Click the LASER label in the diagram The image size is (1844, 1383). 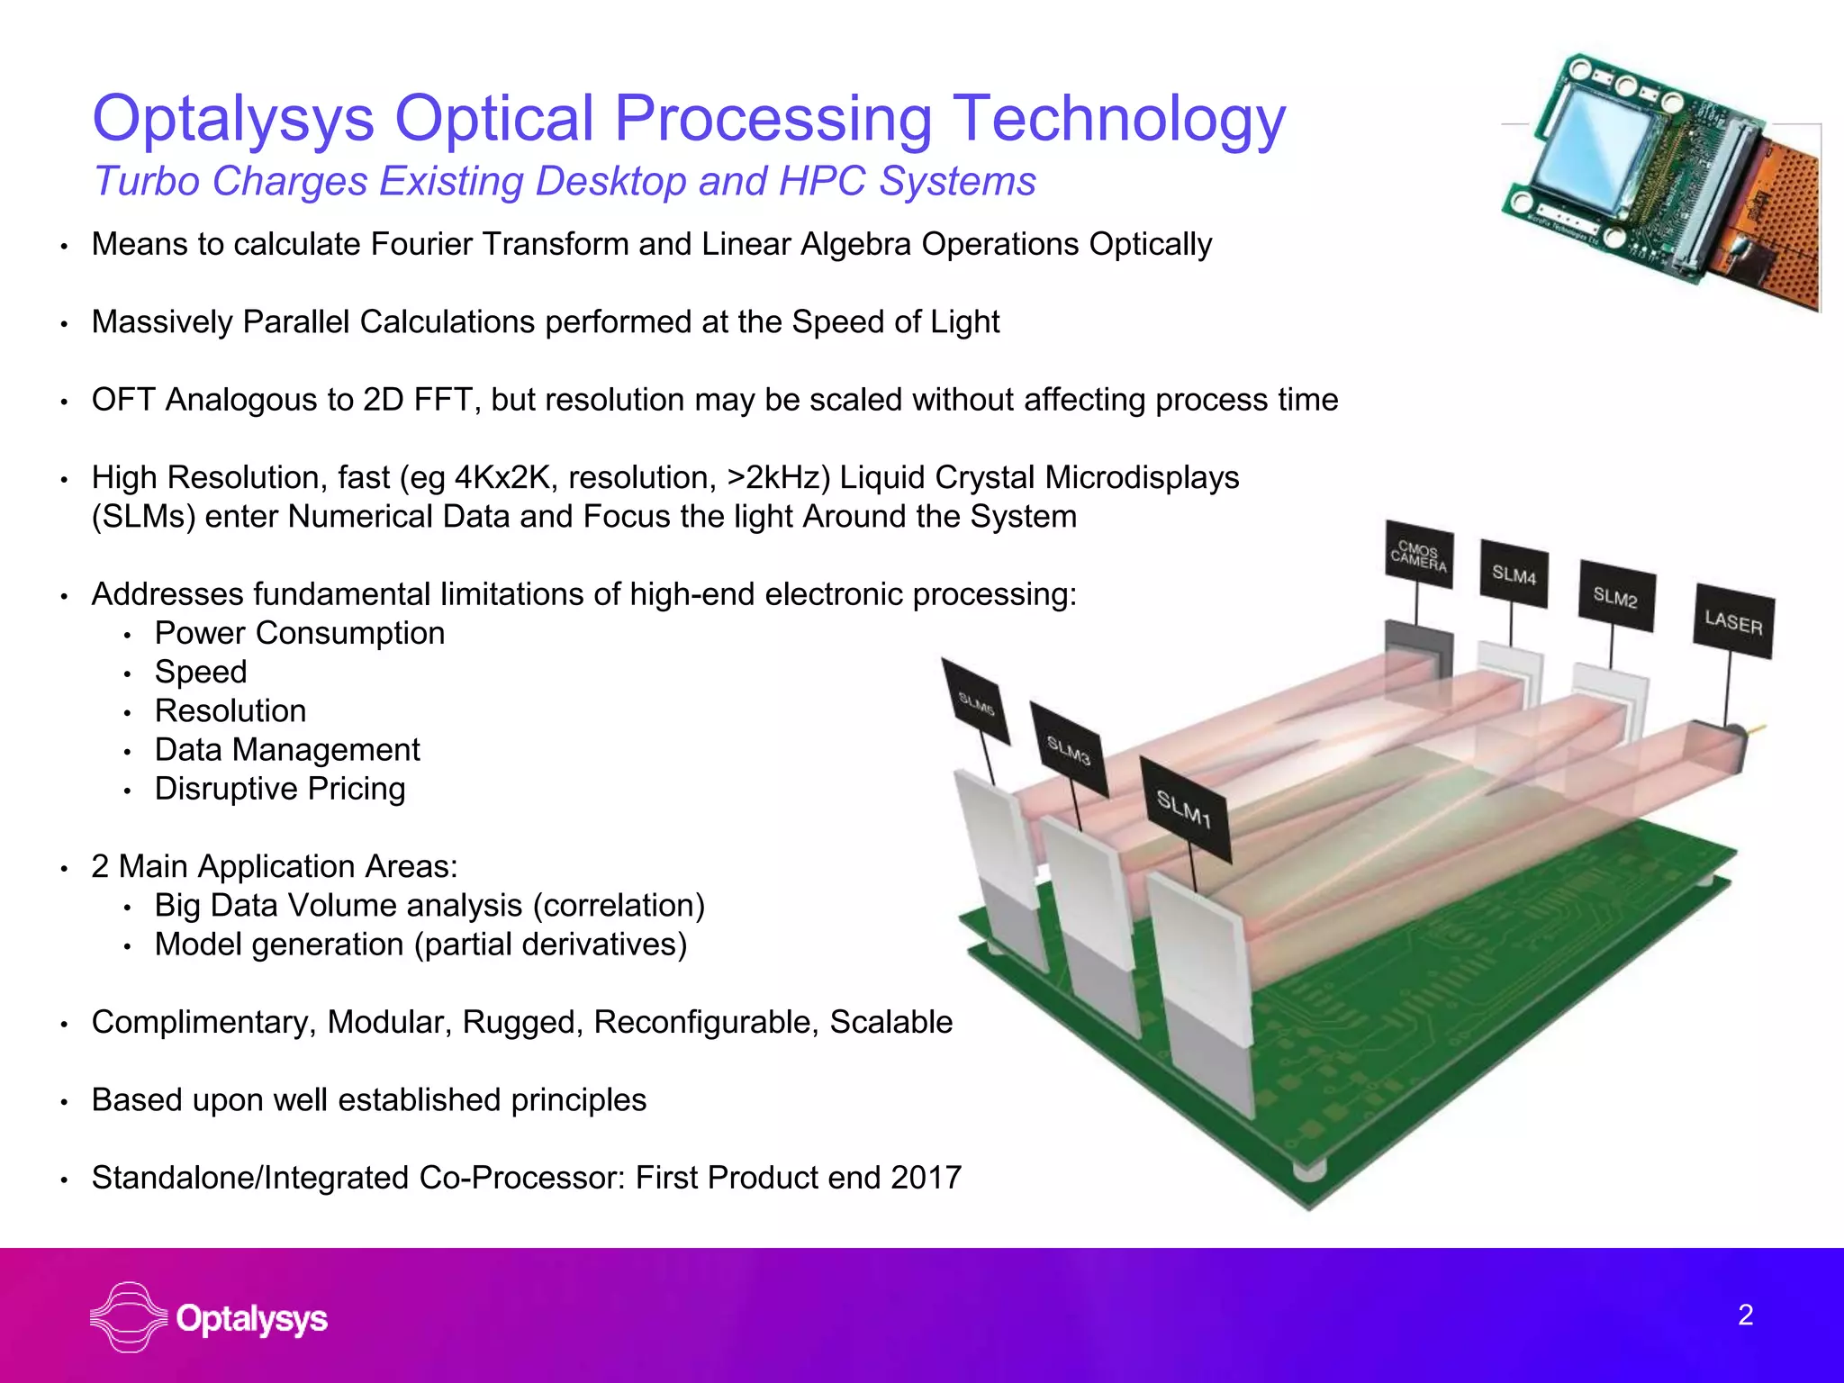pos(1733,621)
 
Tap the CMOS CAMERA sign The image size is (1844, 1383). pos(1419,556)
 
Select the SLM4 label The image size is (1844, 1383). pos(1514,574)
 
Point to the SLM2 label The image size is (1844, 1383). pos(1615,597)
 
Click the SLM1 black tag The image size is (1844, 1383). pos(1184,809)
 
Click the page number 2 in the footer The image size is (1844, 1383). pos(1745,1315)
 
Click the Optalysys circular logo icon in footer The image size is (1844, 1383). pos(129,1317)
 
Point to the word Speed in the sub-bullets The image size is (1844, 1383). pos(201,672)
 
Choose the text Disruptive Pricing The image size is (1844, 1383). pos(280,789)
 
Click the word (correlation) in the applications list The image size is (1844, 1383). pos(619,905)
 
